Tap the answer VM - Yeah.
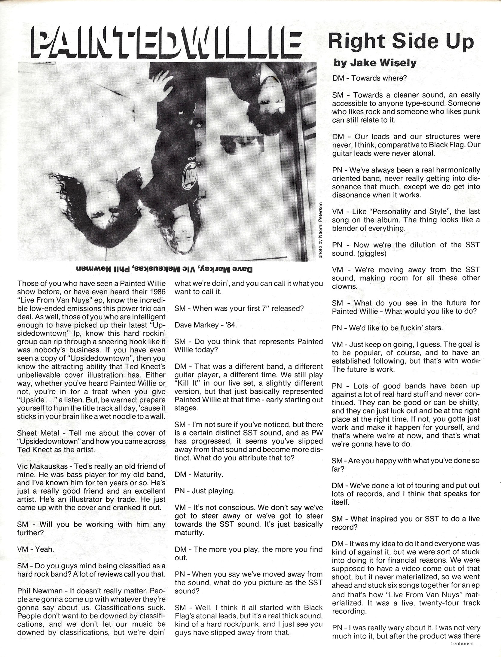point(36,549)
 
